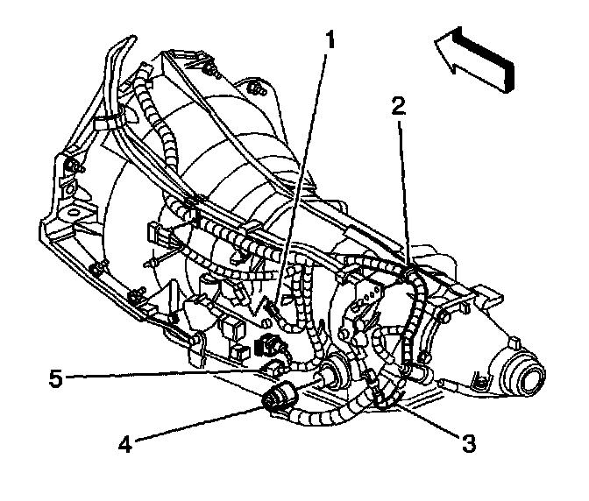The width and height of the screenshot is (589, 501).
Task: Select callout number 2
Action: [x=398, y=107]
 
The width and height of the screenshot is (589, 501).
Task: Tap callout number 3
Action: [x=468, y=444]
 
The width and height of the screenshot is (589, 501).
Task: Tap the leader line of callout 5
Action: [x=167, y=377]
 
